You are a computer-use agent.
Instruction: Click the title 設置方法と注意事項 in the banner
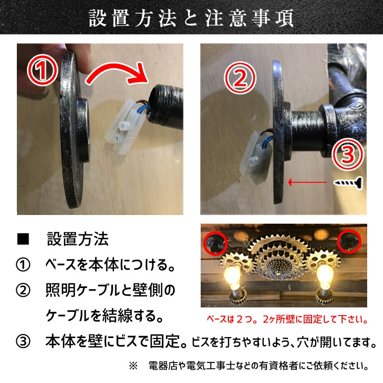192,18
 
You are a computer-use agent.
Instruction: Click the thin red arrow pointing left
306,182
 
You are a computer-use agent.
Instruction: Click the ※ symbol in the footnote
134,366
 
